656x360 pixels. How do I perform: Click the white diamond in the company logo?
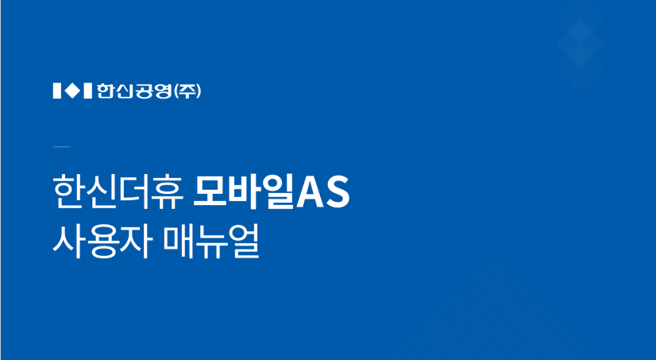pos(73,91)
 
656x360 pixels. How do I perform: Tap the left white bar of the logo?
pos(57,91)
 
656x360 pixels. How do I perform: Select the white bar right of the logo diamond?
pos(88,91)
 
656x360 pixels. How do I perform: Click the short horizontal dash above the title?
pos(62,146)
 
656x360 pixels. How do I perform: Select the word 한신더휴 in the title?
pos(118,192)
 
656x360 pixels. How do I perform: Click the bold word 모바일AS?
pos(271,192)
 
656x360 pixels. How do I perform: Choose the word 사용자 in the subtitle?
pos(101,242)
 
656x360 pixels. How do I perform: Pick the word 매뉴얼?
pos(211,242)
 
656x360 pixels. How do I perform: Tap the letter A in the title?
pos(310,193)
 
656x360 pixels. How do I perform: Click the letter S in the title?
pos(338,193)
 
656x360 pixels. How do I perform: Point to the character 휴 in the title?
pos(168,192)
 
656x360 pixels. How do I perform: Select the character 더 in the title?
pos(135,192)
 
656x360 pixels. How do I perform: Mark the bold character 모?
pos(209,192)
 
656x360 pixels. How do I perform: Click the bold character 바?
pos(244,192)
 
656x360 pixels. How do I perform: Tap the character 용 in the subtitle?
pos(101,242)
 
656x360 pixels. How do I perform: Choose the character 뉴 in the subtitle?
pos(211,242)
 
